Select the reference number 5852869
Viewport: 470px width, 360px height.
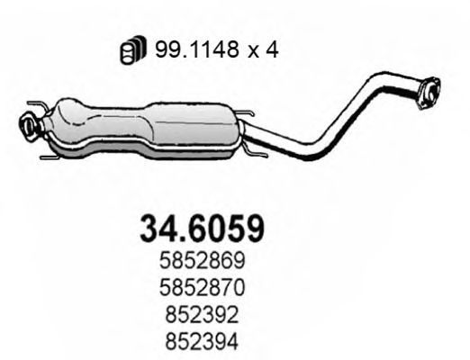(x=203, y=262)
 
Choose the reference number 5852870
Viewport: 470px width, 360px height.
(x=203, y=287)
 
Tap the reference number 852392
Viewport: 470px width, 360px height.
(x=203, y=312)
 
